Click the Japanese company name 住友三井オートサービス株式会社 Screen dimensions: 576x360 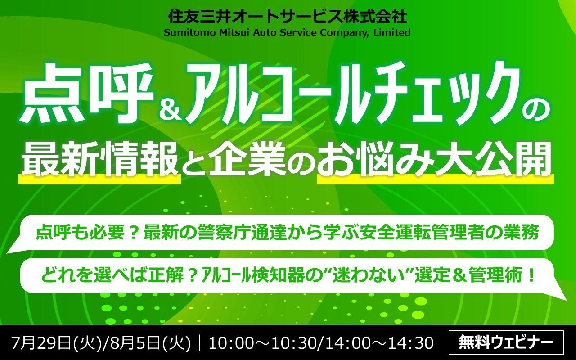pyautogui.click(x=288, y=17)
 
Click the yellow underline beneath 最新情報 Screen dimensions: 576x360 pyautogui.click(x=100, y=180)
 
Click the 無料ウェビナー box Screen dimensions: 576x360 pyautogui.click(x=506, y=342)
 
